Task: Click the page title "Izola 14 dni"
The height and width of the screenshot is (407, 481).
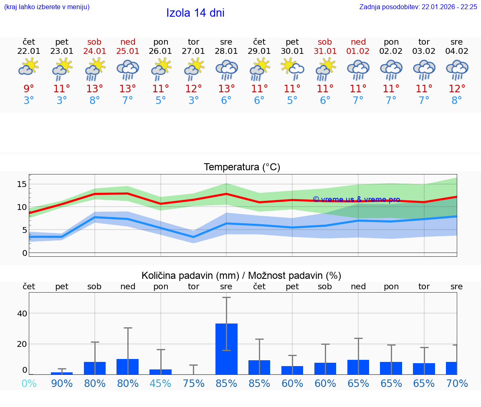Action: tap(195, 13)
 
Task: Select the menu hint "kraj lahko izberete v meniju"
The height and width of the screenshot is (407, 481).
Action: tap(47, 7)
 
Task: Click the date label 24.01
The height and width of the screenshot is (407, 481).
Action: tap(95, 51)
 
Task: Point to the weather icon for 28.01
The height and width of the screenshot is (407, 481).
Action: tap(226, 69)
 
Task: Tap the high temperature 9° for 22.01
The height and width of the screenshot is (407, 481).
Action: tap(29, 89)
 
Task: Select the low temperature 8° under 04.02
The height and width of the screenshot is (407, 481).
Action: tap(457, 101)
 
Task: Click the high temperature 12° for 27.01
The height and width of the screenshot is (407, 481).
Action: tap(193, 89)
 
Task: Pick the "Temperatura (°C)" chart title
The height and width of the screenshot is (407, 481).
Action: tap(242, 167)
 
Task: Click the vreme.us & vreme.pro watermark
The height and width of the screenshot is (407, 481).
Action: tap(356, 200)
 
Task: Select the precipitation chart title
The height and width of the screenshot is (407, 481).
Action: tap(241, 276)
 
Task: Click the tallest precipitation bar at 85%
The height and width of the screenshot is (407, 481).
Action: tap(226, 349)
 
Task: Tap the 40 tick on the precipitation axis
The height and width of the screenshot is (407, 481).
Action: tap(22, 313)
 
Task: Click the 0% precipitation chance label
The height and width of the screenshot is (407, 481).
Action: tap(29, 383)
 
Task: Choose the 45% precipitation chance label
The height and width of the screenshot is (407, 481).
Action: tap(161, 383)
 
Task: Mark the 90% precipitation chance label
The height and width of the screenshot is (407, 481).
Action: tap(62, 383)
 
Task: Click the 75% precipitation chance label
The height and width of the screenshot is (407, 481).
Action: tap(193, 383)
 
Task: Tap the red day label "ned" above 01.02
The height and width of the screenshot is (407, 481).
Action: tap(358, 42)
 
